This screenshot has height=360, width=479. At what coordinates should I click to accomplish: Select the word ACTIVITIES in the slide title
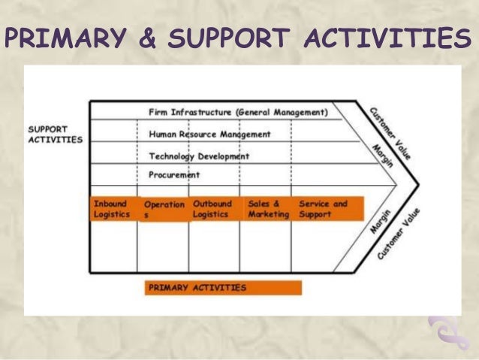(x=395, y=38)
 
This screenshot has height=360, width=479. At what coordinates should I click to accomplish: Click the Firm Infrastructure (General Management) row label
(x=238, y=113)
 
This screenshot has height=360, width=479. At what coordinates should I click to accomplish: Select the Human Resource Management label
(x=209, y=135)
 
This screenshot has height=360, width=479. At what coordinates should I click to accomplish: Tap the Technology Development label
(x=199, y=156)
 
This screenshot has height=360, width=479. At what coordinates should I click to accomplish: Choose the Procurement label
(x=174, y=175)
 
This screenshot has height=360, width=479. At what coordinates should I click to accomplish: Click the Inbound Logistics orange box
(x=112, y=209)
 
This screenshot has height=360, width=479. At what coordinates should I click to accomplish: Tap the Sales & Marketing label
(x=268, y=209)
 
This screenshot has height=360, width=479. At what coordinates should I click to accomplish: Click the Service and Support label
(x=324, y=209)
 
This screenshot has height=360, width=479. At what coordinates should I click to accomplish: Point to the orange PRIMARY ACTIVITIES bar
(x=223, y=287)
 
